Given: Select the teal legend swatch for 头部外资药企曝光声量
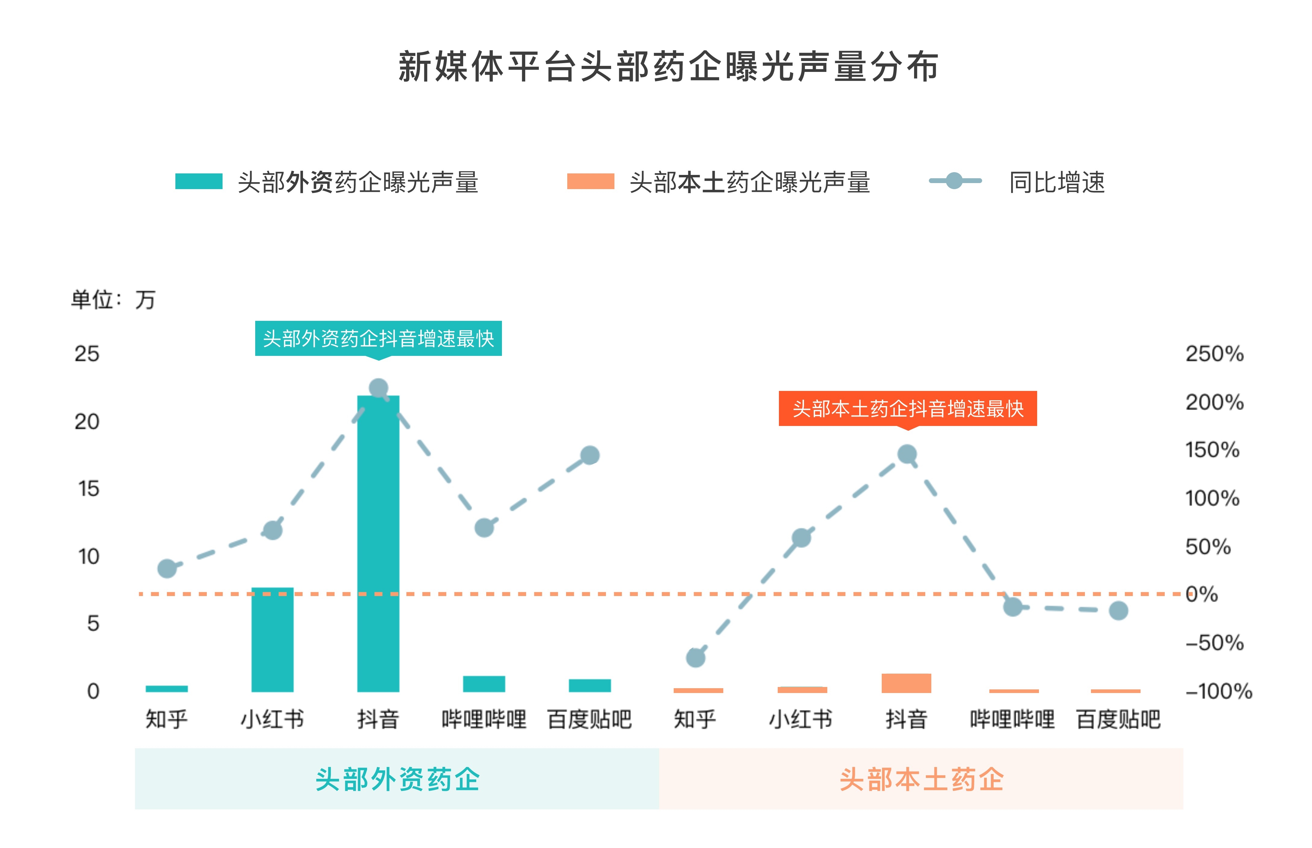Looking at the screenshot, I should [x=198, y=181].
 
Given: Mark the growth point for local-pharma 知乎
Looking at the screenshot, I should [x=695, y=657].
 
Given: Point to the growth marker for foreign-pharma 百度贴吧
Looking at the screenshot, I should [x=590, y=455].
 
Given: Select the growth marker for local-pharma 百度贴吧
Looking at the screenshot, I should [x=1118, y=610].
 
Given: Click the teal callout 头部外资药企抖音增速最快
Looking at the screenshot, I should [x=378, y=338].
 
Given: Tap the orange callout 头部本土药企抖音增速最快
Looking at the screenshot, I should [x=907, y=408].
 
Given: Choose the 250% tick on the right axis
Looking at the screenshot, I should [x=1214, y=353].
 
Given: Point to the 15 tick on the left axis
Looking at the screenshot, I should [x=88, y=488].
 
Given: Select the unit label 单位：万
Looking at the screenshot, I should [x=113, y=300].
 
